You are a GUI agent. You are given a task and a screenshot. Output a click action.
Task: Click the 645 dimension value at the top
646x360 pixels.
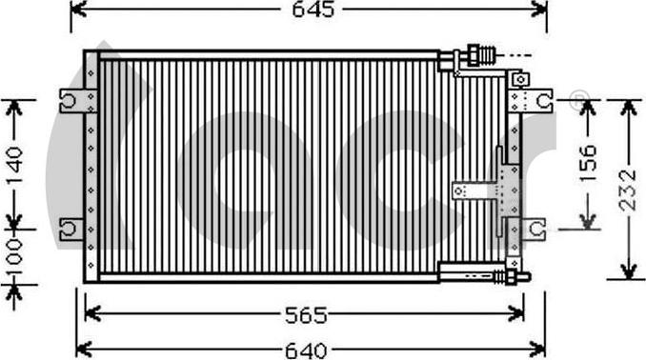point(313,10)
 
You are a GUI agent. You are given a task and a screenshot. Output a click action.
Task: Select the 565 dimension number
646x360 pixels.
point(306,315)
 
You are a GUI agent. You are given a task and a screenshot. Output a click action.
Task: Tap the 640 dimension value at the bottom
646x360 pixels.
point(306,350)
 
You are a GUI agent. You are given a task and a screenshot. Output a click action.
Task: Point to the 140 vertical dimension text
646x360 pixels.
point(15,166)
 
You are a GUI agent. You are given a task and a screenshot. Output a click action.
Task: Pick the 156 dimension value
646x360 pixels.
point(588,163)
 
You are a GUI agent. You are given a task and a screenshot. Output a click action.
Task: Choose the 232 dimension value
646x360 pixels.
point(628,190)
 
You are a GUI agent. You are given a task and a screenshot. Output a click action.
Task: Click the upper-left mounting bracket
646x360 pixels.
point(78,101)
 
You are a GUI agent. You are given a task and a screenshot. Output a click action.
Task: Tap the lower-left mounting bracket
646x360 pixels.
point(71,229)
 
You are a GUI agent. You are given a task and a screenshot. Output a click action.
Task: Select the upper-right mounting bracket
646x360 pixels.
point(531,101)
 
